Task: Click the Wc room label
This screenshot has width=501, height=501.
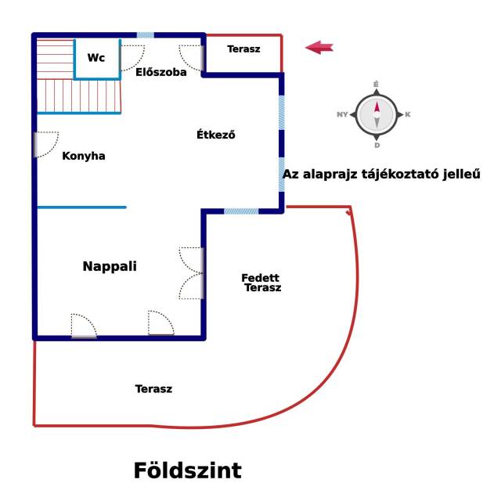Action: point(96,58)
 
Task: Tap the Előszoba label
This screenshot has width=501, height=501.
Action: point(161,72)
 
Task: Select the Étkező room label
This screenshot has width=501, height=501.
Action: point(216,135)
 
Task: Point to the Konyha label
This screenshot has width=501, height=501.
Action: point(84,156)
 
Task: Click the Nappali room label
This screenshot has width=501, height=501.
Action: point(110,266)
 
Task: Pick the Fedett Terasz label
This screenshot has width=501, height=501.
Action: point(261,283)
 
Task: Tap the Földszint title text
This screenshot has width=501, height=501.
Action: point(188,470)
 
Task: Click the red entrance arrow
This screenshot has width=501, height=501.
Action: point(319,48)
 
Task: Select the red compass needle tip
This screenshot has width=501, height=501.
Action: point(377,102)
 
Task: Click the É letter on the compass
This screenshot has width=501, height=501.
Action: point(376,84)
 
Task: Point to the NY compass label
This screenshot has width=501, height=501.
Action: point(342,114)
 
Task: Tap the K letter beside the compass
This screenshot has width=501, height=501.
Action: point(408,114)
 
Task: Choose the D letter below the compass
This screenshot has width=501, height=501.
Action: point(377,146)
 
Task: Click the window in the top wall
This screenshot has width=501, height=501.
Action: point(146,35)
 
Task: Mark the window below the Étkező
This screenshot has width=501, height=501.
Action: point(241,211)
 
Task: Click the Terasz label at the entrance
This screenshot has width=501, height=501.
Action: point(243,49)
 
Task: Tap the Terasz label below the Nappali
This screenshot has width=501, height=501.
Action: point(153,389)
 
